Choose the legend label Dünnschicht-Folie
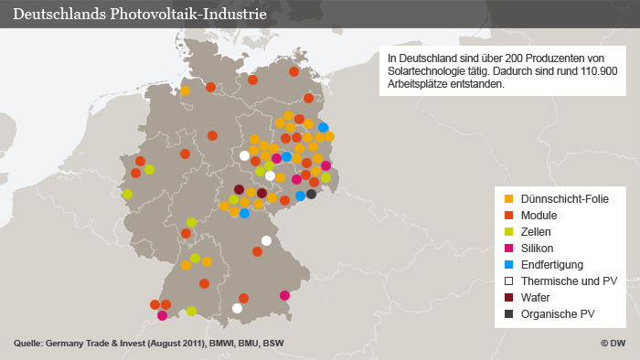[x=564, y=198]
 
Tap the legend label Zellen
[x=535, y=231]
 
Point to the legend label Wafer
[x=535, y=298]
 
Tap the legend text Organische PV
[x=555, y=314]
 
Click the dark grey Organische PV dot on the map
[x=311, y=194]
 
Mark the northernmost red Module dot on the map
[x=293, y=71]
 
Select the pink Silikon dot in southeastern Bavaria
[x=285, y=295]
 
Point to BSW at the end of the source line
[x=273, y=344]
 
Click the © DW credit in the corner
[x=613, y=344]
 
